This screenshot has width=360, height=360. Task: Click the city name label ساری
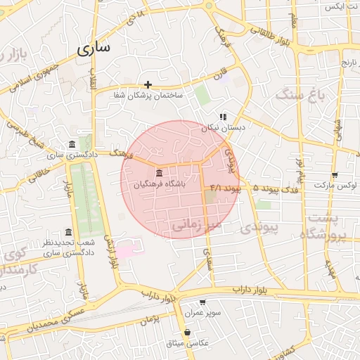tap(94, 50)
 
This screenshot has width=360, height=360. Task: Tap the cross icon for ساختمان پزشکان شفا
tap(148, 84)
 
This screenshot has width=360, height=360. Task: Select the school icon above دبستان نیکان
tap(222, 117)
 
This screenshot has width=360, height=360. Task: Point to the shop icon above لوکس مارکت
tap(334, 175)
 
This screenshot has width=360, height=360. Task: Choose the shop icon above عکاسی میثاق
tap(187, 333)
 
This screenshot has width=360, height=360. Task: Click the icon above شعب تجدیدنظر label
tap(68, 232)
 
